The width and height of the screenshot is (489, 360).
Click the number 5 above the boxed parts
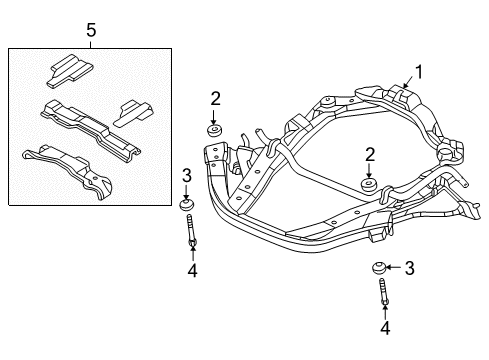(91, 31)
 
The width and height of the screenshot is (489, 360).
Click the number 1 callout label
(420, 71)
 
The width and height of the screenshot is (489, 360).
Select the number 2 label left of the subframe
(215, 97)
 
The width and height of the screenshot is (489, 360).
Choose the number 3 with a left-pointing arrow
(409, 267)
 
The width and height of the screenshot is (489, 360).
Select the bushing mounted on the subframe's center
(369, 187)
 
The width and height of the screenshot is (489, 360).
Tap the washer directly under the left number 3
(187, 207)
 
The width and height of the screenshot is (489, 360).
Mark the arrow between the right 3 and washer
(395, 267)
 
